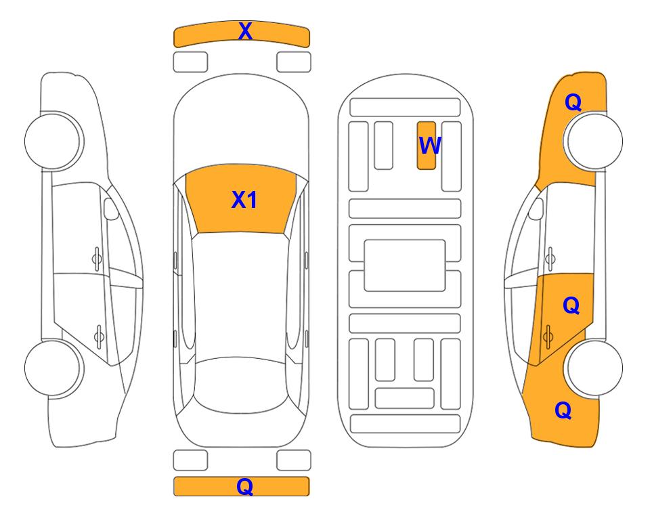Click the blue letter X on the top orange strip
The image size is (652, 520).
point(245,31)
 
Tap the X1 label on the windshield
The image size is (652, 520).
point(244,200)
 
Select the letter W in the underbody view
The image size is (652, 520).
point(429,146)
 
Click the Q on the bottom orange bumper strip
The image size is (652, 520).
point(245,486)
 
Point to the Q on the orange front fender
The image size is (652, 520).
point(573,102)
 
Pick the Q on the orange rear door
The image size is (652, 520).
point(571,306)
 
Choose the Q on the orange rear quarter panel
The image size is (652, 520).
point(563,410)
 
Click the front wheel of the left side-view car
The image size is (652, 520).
point(52,141)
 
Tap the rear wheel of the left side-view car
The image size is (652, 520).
point(52,368)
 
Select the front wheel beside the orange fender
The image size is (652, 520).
point(594,141)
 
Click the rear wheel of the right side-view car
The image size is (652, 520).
point(594,368)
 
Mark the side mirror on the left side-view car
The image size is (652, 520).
point(111,209)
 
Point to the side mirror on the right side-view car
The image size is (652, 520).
point(536,209)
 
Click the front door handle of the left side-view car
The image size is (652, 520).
point(97,259)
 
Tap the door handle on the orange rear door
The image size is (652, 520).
point(548,337)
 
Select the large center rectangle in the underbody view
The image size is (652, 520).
point(405,265)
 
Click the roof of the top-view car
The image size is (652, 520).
point(241,295)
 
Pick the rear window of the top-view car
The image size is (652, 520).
point(241,385)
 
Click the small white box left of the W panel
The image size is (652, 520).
point(383,146)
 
